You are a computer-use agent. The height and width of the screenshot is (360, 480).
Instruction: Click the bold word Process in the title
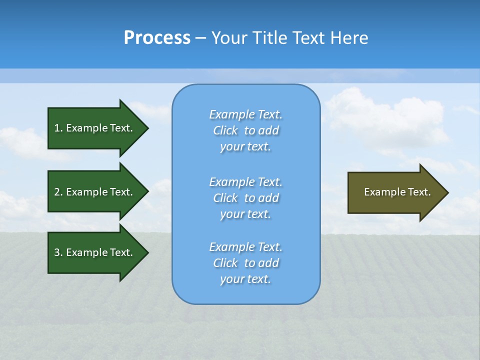pyautogui.click(x=157, y=38)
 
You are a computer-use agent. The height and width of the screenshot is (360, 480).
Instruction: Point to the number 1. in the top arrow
pyautogui.click(x=58, y=128)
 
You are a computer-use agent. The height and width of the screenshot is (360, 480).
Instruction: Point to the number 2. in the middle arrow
pyautogui.click(x=58, y=192)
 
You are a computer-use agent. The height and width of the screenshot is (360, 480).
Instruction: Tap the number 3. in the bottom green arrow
pyautogui.click(x=58, y=252)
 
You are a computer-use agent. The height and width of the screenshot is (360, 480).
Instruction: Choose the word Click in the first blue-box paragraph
pyautogui.click(x=225, y=130)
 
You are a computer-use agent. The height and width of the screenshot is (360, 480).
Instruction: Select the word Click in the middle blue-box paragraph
pyautogui.click(x=225, y=198)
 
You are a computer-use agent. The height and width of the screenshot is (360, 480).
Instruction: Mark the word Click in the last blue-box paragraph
pyautogui.click(x=225, y=263)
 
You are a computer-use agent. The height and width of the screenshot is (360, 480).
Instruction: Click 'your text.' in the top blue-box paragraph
pyautogui.click(x=245, y=147)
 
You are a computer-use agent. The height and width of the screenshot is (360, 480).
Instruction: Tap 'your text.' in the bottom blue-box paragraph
pyautogui.click(x=245, y=279)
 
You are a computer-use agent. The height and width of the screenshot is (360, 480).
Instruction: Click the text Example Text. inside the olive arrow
pyautogui.click(x=397, y=192)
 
